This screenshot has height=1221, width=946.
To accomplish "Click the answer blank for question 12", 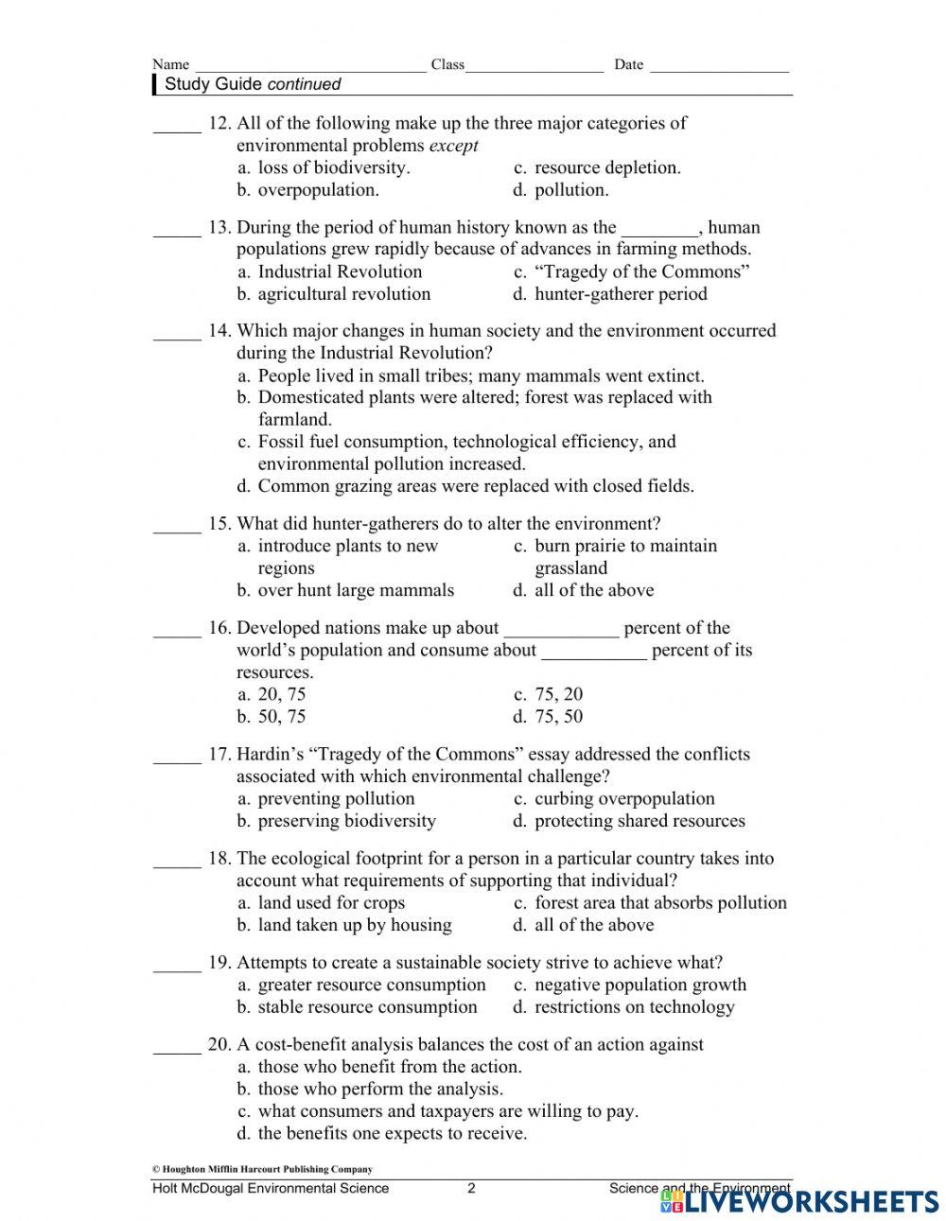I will tap(177, 126).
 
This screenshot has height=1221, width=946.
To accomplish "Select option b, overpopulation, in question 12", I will tap(317, 190).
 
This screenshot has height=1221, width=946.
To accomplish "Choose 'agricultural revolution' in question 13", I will tap(342, 294).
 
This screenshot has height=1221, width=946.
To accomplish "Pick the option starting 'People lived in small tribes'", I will tap(480, 375).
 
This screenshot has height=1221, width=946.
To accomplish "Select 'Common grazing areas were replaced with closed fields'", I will tap(475, 486).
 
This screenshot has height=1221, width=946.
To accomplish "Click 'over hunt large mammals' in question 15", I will tap(355, 590).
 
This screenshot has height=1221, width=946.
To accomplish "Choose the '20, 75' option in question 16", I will tap(281, 694).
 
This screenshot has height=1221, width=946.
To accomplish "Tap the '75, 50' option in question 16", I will tap(558, 717).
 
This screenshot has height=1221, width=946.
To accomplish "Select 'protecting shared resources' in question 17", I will tap(639, 821).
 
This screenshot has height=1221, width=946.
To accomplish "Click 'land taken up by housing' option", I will tap(354, 925).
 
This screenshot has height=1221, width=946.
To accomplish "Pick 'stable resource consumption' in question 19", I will tap(366, 1007).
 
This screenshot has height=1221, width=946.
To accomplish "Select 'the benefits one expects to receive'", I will tap(391, 1133).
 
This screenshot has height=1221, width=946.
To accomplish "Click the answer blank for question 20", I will tap(177, 1048).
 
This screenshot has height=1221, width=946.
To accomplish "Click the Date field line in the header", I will tap(719, 66).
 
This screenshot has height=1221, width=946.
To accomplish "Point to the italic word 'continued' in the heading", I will tap(304, 84).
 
